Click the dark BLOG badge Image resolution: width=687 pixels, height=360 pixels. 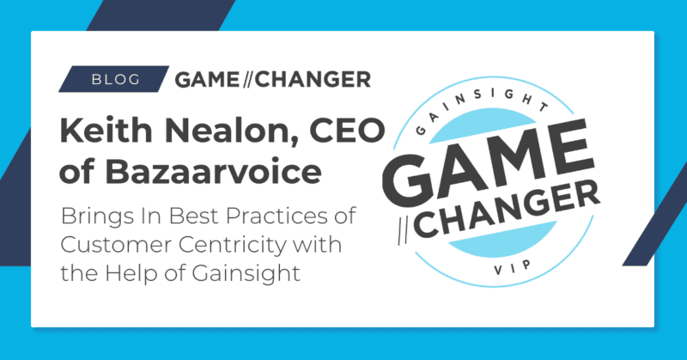point(110,79)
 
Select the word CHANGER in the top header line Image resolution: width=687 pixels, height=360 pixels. point(319,79)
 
